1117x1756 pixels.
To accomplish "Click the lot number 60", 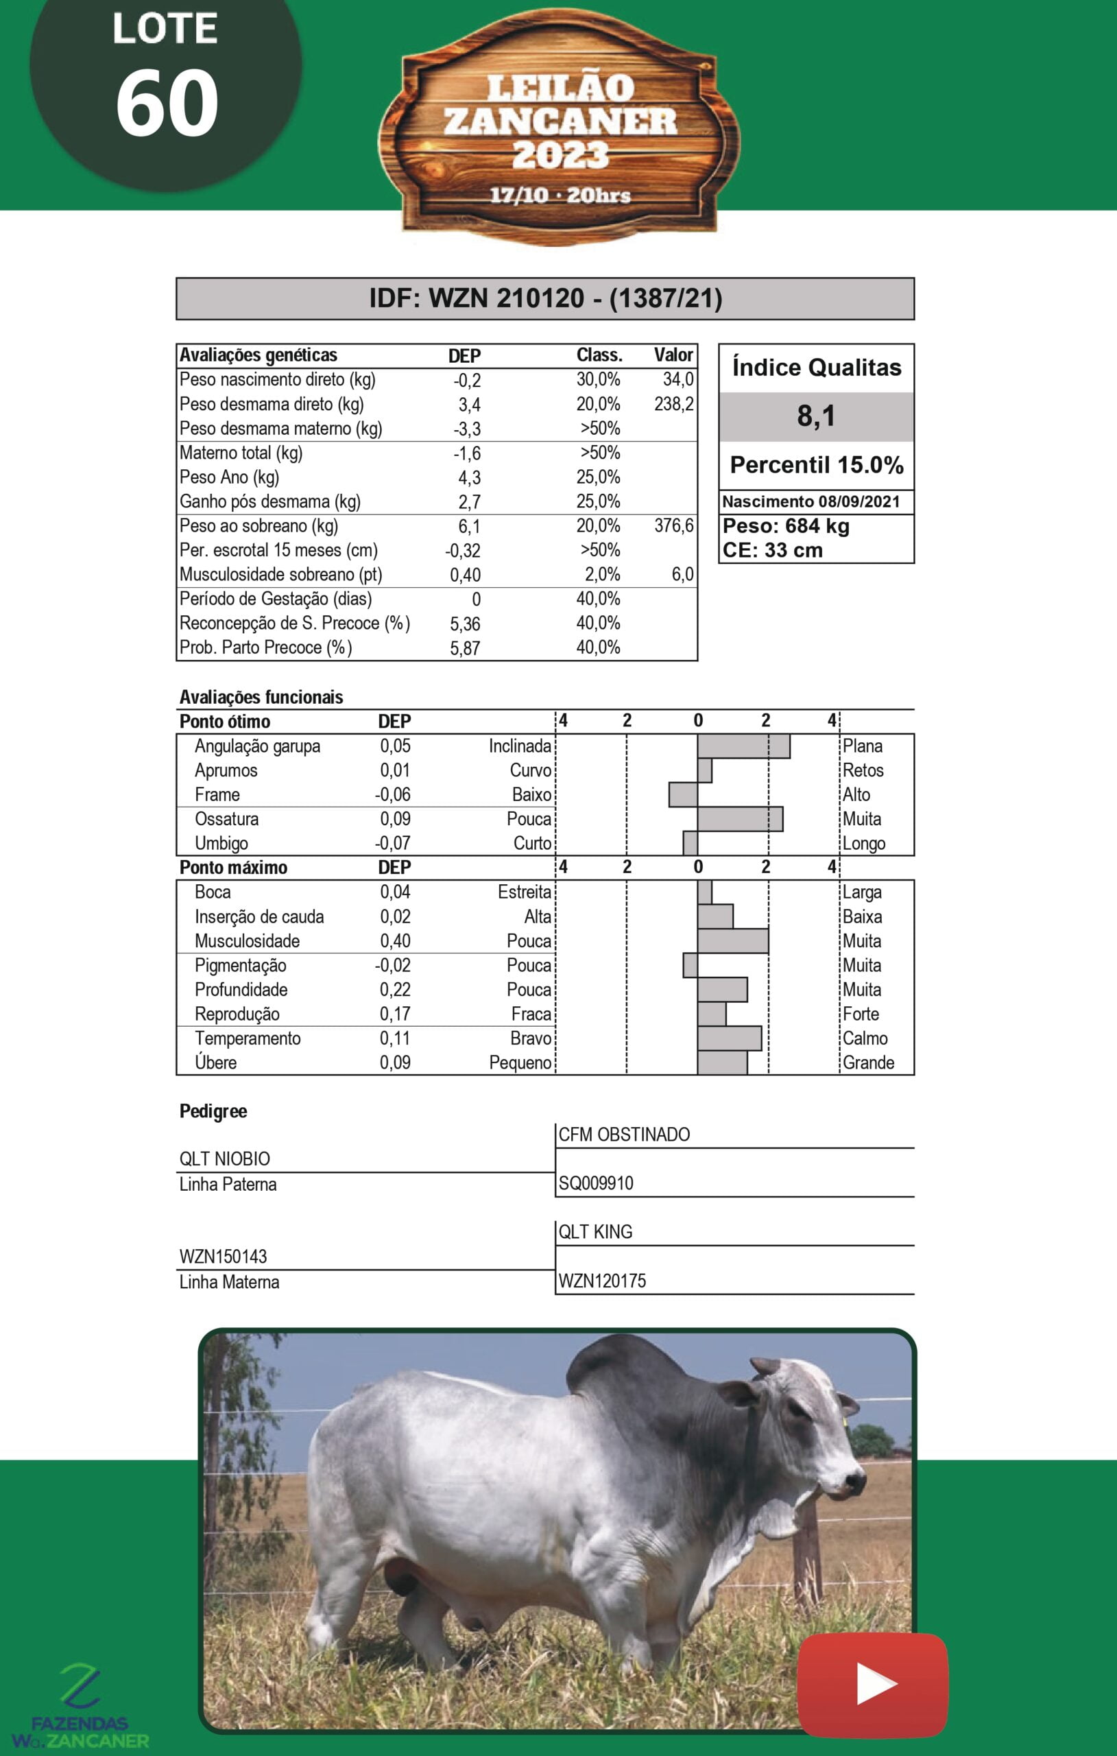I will coord(167,104).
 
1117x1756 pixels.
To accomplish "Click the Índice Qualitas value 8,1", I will coord(816,416).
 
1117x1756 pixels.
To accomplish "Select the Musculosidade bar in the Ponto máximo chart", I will coord(733,940).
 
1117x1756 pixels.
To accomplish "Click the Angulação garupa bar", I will coord(743,746).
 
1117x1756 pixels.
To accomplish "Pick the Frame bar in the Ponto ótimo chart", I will coord(683,794).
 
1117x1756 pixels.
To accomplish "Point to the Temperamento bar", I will coord(729,1038).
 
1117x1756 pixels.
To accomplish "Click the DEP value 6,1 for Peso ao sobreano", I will coord(469,527).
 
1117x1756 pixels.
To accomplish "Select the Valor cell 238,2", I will coord(674,404).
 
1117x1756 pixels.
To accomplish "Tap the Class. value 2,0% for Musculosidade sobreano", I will coord(602,575).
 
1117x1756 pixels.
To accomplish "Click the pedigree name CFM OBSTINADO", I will coord(624,1135).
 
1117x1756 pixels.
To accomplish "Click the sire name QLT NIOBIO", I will coord(225,1159).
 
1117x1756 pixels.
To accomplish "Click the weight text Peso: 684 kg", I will coord(786,526).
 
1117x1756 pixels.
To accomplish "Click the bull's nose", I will coord(854,1480).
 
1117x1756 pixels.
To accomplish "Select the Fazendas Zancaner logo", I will coord(80,1707).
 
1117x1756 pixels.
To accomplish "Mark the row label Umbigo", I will coord(221,843).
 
